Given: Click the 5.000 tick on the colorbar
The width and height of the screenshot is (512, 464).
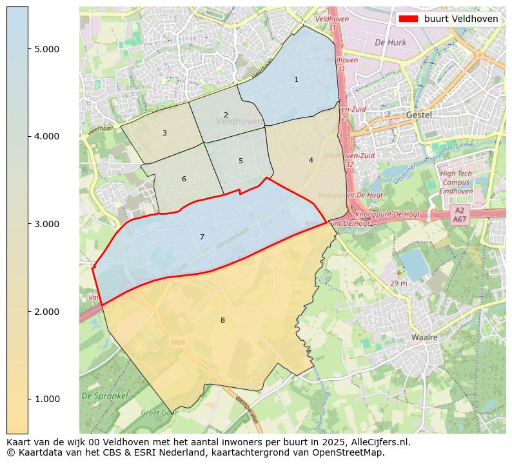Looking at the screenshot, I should pyautogui.click(x=47, y=49).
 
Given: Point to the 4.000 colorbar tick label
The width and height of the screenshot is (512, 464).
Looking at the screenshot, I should pyautogui.click(x=47, y=136).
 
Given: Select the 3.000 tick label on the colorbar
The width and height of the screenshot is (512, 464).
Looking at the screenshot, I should pyautogui.click(x=47, y=224).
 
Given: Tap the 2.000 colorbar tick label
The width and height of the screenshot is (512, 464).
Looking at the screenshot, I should pyautogui.click(x=47, y=312).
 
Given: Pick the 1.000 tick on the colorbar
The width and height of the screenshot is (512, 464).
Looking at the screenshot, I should pyautogui.click(x=47, y=399).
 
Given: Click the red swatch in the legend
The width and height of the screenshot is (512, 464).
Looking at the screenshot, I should pyautogui.click(x=409, y=19).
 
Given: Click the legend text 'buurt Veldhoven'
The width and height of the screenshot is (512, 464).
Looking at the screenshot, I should pyautogui.click(x=461, y=19).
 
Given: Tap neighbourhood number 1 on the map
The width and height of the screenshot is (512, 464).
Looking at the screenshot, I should pyautogui.click(x=296, y=80).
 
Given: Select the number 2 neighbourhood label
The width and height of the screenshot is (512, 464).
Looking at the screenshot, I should pyautogui.click(x=226, y=116).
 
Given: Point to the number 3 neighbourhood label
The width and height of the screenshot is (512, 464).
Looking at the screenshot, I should pyautogui.click(x=164, y=134).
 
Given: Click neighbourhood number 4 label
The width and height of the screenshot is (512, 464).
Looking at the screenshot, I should pyautogui.click(x=311, y=161).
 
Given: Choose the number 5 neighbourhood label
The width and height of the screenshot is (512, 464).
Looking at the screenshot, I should pyautogui.click(x=241, y=161).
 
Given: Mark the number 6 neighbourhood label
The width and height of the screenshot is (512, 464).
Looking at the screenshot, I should pyautogui.click(x=184, y=179).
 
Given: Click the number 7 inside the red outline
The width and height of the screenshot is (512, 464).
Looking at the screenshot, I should pyautogui.click(x=202, y=237).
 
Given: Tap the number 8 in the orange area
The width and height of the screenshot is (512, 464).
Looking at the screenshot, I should pyautogui.click(x=222, y=321).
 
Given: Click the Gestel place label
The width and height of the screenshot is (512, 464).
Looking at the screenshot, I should pyautogui.click(x=418, y=115).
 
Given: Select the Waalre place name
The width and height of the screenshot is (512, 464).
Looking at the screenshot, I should pyautogui.click(x=425, y=338).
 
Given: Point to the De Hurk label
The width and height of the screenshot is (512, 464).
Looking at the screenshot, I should pyautogui.click(x=389, y=43).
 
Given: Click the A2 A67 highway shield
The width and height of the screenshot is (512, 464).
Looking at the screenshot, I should pyautogui.click(x=459, y=215).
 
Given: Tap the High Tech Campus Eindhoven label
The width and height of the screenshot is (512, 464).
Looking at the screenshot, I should pyautogui.click(x=455, y=182).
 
